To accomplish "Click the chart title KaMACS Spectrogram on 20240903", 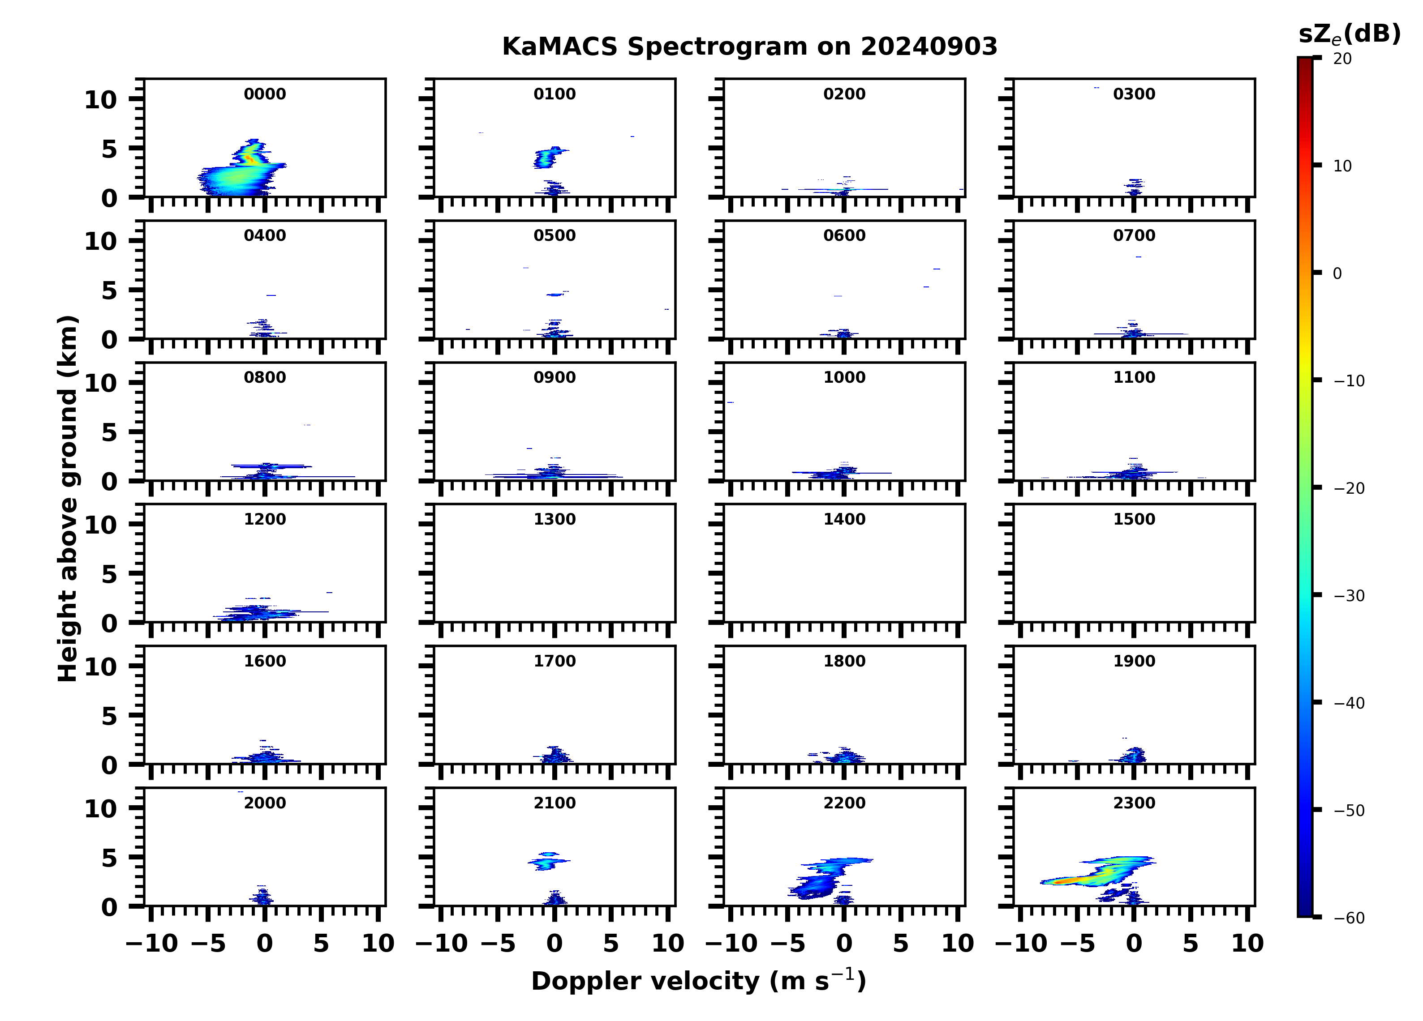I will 749,47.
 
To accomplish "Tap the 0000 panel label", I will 265,94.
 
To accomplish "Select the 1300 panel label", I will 555,519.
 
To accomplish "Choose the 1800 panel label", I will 844,661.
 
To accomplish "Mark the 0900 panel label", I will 555,377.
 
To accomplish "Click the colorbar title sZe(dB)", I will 1349,34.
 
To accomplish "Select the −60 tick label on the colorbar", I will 1349,918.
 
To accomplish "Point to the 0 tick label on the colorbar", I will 1337,273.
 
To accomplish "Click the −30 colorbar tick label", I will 1349,596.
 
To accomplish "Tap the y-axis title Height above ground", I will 68,499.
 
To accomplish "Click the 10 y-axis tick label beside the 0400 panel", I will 100,241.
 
